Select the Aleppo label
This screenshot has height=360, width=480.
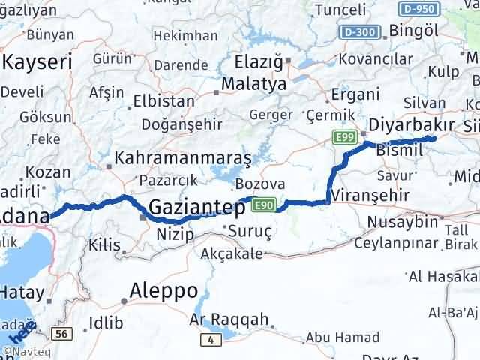click(x=164, y=290)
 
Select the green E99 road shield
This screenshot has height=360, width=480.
click(x=345, y=135)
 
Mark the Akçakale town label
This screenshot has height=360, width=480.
click(x=233, y=253)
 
